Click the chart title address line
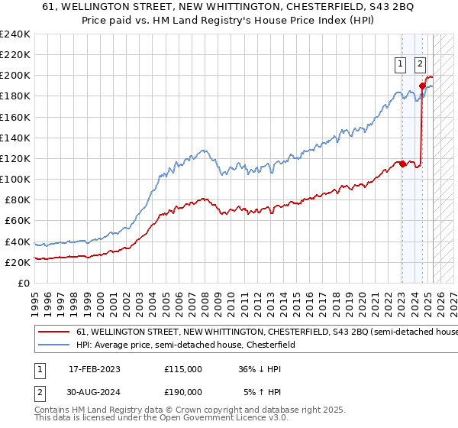point(229,7)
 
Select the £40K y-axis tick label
point(17,242)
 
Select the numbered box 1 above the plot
point(401,66)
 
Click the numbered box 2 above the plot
point(421,66)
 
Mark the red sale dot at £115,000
point(402,164)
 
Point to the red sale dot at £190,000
point(422,86)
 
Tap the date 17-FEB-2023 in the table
point(95,369)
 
